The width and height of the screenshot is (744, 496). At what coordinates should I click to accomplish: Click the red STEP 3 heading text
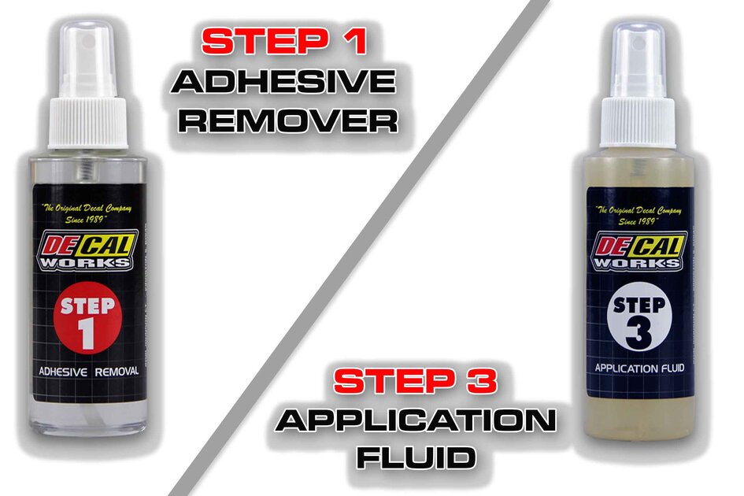point(416,383)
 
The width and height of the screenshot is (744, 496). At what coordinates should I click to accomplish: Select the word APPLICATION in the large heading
point(416,420)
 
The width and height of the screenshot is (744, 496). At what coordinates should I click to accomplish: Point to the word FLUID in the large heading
point(416,457)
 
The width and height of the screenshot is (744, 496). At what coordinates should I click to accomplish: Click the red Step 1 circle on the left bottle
point(87,322)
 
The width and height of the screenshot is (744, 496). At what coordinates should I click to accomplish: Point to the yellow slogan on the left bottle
point(87,213)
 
